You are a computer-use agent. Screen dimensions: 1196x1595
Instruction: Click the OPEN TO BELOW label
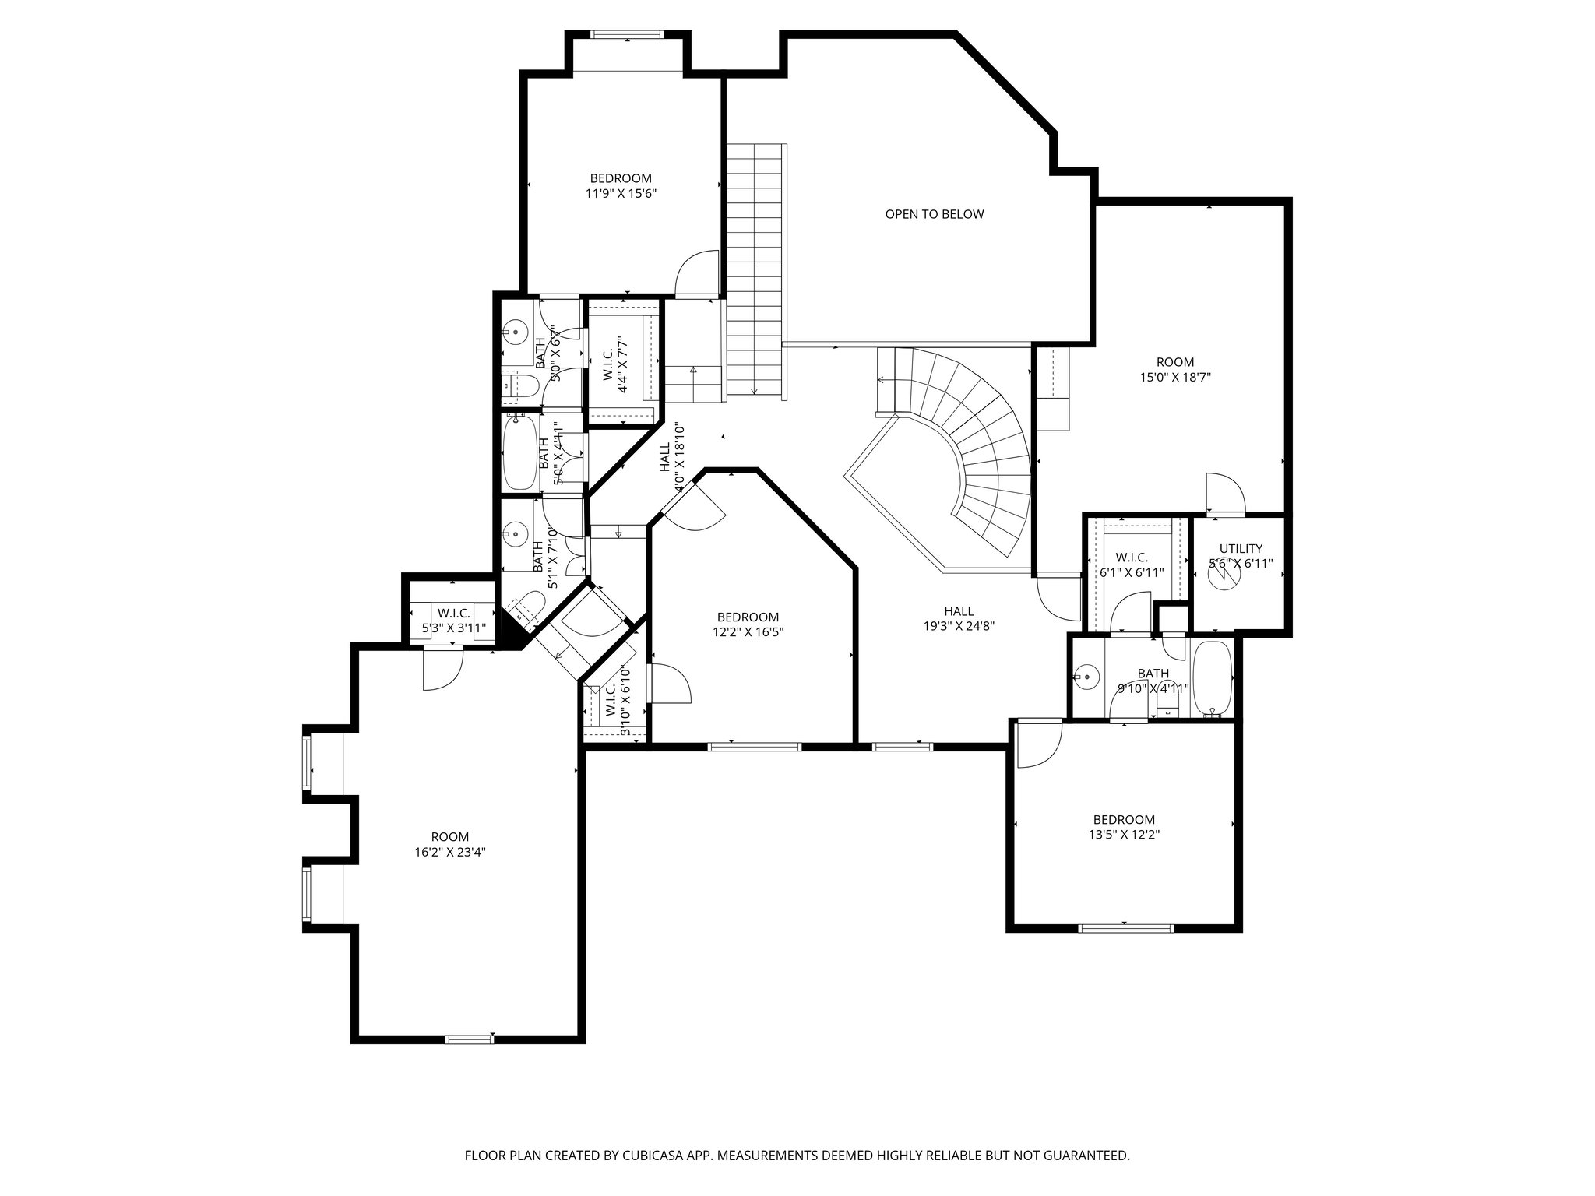point(934,214)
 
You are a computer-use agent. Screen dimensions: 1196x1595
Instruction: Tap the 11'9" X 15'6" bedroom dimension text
point(621,194)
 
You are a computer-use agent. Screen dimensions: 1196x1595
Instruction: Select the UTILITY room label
point(1241,548)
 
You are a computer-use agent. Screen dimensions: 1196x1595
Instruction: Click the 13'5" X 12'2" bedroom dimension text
point(1124,834)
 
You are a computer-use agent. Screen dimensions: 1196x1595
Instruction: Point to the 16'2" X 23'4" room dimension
point(452,852)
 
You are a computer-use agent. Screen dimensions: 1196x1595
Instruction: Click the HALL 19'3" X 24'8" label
point(958,618)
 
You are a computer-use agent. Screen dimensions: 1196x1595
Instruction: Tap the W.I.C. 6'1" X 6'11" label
point(1132,565)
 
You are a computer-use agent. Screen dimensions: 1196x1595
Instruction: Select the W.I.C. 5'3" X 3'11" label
point(452,621)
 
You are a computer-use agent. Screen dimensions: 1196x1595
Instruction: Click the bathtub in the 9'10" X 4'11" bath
point(1213,678)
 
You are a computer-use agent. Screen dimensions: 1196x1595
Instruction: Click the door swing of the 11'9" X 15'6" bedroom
point(695,274)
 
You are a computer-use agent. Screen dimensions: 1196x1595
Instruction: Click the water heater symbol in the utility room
point(1220,575)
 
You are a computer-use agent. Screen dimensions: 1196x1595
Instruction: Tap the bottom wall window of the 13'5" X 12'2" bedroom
point(1125,927)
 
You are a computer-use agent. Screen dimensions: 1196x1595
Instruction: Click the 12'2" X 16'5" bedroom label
point(748,624)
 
